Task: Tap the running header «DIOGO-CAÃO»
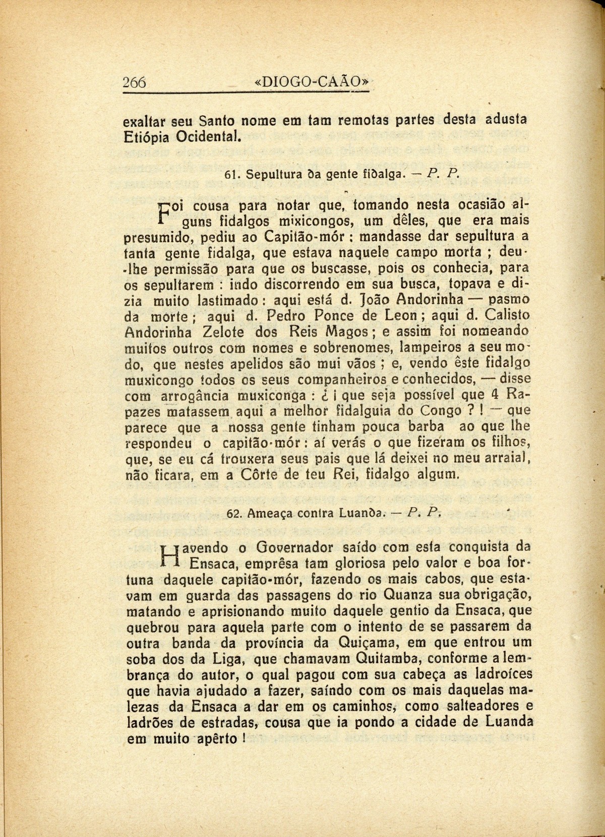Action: click(313, 82)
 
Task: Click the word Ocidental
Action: click(209, 136)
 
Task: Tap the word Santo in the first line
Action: click(216, 121)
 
